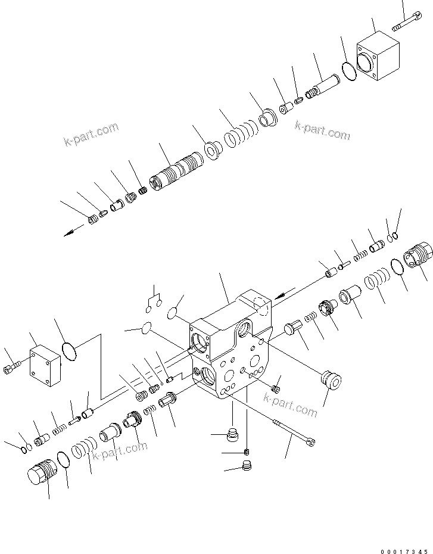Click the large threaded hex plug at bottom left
(41, 475)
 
